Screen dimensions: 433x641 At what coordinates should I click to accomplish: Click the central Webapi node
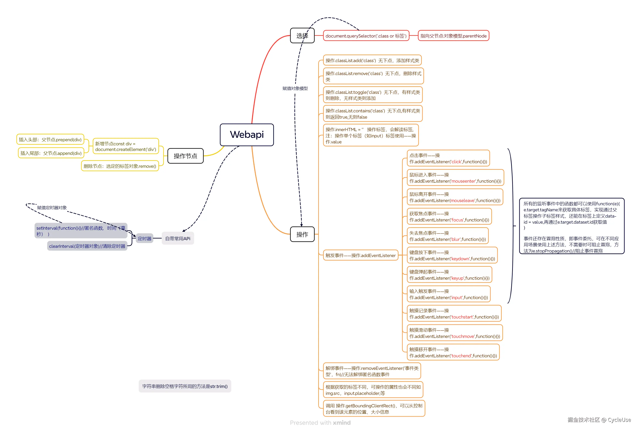click(x=247, y=135)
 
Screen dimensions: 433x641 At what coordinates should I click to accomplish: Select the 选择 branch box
click(x=302, y=36)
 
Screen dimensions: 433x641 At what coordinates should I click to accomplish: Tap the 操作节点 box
click(x=185, y=156)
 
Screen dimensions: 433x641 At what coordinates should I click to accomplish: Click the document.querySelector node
click(x=366, y=36)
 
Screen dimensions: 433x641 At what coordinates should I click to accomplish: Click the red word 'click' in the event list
click(x=456, y=162)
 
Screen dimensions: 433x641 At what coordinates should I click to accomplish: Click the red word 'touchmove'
click(x=463, y=336)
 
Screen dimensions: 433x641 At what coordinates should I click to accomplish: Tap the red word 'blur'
click(x=456, y=239)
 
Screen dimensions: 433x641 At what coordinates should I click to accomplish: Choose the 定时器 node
click(x=145, y=238)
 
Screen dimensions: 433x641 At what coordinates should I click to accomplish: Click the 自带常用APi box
click(x=178, y=238)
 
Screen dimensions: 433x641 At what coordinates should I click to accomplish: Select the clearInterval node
click(x=87, y=246)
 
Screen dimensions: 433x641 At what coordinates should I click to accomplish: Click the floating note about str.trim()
click(x=185, y=386)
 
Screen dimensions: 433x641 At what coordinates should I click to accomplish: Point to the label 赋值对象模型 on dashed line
click(x=295, y=88)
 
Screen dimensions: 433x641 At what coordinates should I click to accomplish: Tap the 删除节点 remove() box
click(x=120, y=166)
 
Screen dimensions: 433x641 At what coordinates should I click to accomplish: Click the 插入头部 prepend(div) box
click(x=50, y=140)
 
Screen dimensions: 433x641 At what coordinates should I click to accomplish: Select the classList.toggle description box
click(x=372, y=95)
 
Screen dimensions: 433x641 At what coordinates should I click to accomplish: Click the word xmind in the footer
click(x=342, y=422)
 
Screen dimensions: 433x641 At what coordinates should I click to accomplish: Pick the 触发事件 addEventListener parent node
click(x=360, y=256)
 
